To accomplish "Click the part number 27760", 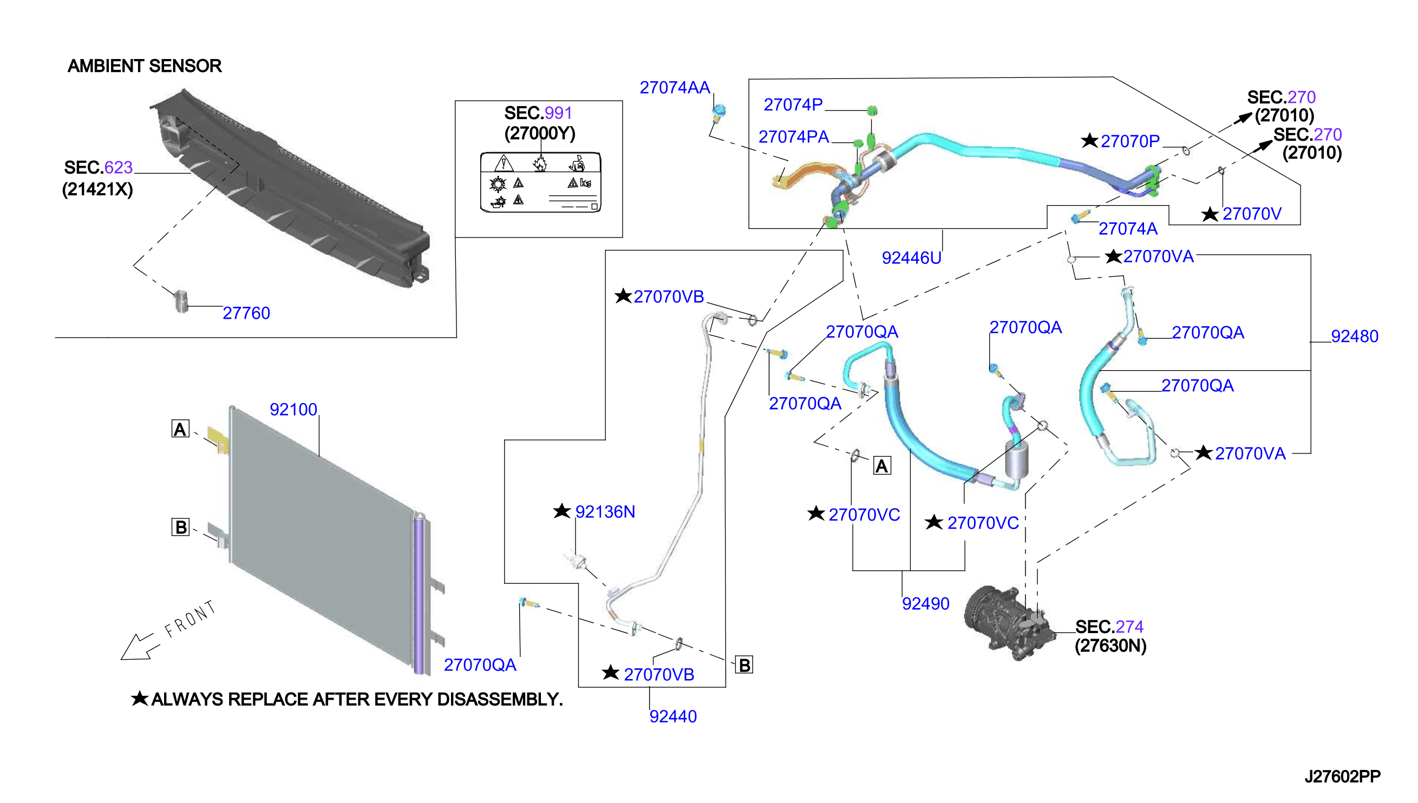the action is [x=246, y=313].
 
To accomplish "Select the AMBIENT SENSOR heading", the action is [x=145, y=65].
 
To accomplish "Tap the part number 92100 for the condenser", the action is [x=293, y=409].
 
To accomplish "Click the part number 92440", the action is [x=672, y=716].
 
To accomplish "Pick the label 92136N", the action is [x=605, y=512].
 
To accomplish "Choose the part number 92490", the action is [x=925, y=603].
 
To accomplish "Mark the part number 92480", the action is [x=1354, y=336].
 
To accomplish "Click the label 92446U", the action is [x=911, y=258].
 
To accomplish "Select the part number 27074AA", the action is [x=674, y=87].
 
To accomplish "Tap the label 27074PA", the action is [x=793, y=137].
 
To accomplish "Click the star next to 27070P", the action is [x=1089, y=140].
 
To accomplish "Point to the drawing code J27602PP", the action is [x=1342, y=776].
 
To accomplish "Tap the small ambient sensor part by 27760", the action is [x=181, y=300].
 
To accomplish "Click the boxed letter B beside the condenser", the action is [x=180, y=527].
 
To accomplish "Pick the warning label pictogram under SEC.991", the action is [x=540, y=182].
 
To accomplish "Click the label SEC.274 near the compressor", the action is [x=1109, y=627].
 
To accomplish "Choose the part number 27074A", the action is [x=1127, y=228].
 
